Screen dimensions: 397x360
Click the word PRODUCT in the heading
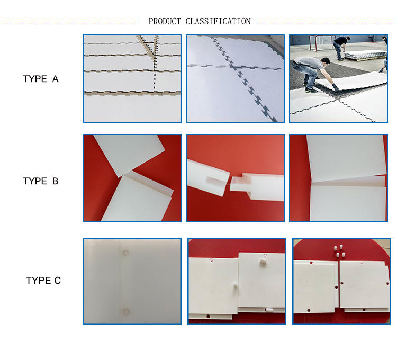click(x=165, y=21)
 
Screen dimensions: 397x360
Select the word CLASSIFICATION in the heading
click(x=218, y=21)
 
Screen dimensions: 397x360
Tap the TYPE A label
click(x=41, y=79)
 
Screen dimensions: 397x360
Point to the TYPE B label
click(x=41, y=181)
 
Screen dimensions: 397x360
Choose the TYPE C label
click(x=43, y=280)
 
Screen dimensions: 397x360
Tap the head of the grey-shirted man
click(x=324, y=61)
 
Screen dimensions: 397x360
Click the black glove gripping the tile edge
click(x=335, y=87)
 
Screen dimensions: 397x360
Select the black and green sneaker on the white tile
click(x=311, y=90)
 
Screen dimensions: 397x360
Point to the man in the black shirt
click(x=341, y=47)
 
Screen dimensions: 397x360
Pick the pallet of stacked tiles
click(x=365, y=55)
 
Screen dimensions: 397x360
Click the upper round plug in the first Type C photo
click(x=125, y=253)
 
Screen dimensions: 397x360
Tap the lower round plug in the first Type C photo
click(x=126, y=311)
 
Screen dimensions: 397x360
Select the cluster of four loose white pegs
click(x=339, y=250)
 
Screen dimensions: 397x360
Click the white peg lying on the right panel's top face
click(x=263, y=262)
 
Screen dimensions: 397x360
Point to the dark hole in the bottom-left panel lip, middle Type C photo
click(x=208, y=316)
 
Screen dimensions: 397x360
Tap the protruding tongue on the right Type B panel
click(x=238, y=184)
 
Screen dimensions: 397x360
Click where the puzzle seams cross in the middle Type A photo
click(x=232, y=66)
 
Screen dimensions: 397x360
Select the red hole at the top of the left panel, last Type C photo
click(x=311, y=263)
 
